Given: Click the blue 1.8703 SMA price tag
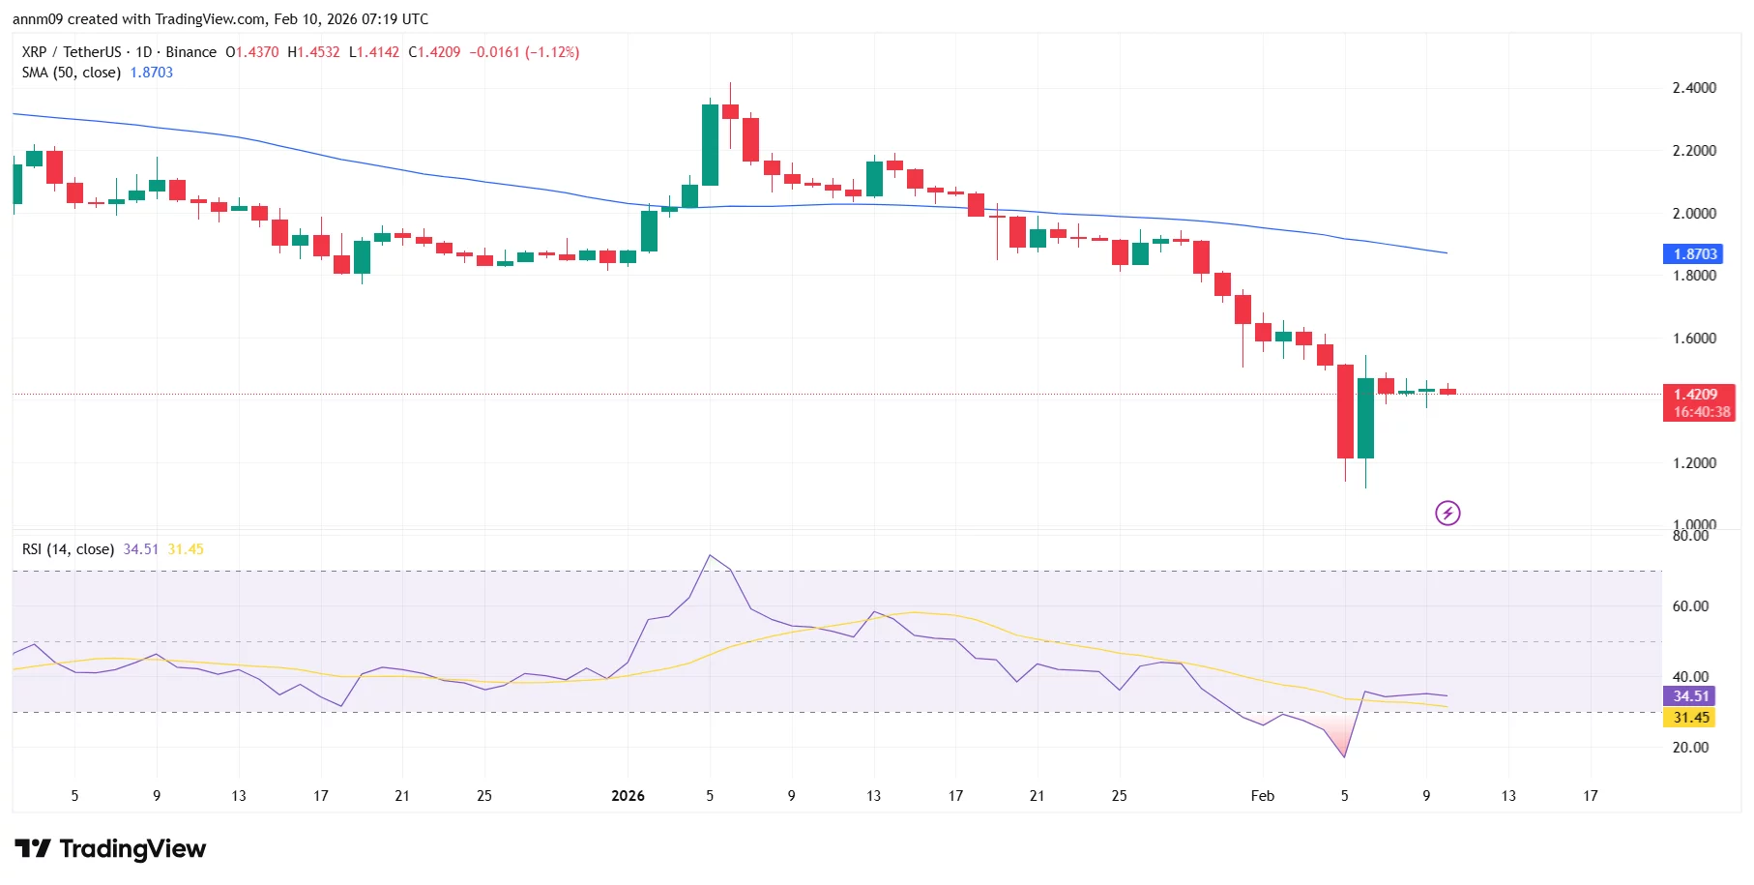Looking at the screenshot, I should point(1694,253).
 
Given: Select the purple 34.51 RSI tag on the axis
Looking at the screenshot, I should point(1690,696).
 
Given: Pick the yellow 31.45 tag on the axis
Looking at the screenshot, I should point(1690,718).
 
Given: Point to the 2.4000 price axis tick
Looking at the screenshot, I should point(1694,88).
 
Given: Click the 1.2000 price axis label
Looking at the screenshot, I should point(1694,463).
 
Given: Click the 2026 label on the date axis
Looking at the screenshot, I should point(628,796).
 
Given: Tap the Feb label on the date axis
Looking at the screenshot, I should point(1262,796).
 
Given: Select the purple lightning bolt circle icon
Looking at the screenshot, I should point(1447,513).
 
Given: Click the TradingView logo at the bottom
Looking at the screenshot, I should point(110,849).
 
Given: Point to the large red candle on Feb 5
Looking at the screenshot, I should point(1345,411).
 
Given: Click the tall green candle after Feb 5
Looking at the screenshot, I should point(1365,418).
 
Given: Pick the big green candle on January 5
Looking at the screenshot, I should point(710,145).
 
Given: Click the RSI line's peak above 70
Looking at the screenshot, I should point(710,555).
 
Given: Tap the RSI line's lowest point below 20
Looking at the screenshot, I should point(1344,756).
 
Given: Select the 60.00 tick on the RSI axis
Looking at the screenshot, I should point(1690,606).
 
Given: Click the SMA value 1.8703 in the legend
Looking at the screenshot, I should point(152,73).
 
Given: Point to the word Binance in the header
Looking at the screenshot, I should point(190,52).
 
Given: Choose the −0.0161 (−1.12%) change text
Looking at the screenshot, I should point(524,52).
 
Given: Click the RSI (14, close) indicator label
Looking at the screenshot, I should point(68,549).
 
